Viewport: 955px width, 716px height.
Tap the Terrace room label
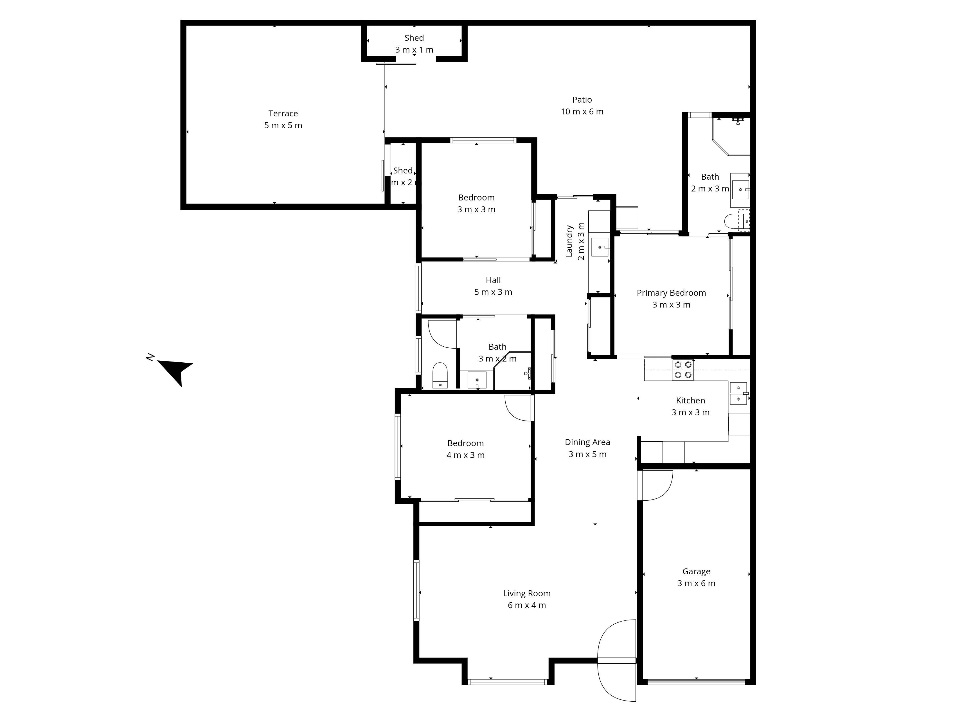283,114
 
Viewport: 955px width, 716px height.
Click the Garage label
696,572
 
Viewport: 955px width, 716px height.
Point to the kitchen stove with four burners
683,370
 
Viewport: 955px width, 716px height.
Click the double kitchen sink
738,394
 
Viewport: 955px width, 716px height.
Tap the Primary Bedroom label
671,293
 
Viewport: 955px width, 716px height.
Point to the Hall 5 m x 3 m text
493,292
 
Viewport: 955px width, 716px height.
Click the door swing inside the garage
656,485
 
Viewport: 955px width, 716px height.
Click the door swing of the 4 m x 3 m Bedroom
519,408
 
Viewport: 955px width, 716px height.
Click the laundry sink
600,247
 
